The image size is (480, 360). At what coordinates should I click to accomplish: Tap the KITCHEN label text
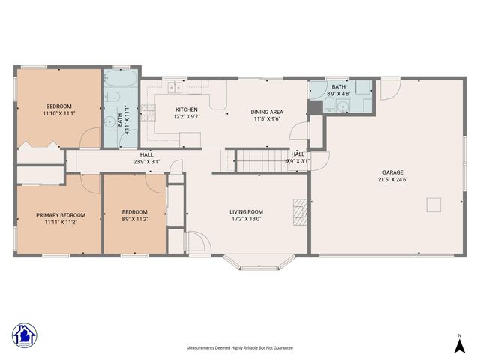point(186,109)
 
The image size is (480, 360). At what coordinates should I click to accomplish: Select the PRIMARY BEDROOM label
point(57,215)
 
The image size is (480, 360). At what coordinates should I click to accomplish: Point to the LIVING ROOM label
point(246,212)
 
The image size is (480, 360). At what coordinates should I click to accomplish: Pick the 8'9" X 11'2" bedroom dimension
point(135,220)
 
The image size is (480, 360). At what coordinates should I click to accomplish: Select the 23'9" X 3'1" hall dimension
point(146,161)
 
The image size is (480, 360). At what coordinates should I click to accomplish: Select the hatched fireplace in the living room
point(300,212)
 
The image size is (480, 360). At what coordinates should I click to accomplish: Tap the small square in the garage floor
point(433,205)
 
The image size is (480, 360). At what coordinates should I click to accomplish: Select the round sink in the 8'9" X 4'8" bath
point(342,106)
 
